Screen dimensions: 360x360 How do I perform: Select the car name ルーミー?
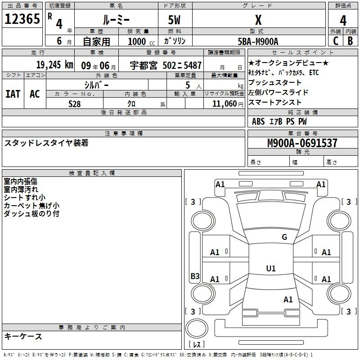116,20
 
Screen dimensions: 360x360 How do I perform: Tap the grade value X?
258,20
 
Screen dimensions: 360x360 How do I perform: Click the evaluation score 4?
343,20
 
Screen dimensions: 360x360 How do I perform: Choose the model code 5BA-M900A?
258,41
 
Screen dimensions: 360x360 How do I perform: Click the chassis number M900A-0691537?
302,143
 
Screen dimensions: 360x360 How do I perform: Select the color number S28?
75,103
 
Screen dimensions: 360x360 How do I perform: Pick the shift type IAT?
13,94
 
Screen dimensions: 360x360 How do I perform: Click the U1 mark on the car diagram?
270,269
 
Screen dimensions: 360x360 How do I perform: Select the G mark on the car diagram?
284,237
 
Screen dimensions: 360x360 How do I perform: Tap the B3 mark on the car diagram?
195,276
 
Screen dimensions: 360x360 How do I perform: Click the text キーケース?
23,336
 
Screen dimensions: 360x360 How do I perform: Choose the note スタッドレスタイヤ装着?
46,143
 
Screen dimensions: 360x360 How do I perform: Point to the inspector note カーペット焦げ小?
31,205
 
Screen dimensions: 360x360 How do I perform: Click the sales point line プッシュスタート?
275,83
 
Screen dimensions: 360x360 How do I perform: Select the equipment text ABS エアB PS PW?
279,121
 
